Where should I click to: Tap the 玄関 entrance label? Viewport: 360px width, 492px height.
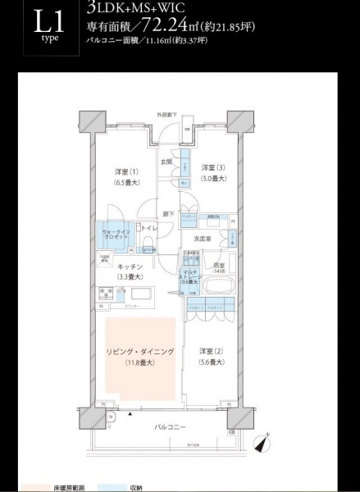click(166, 162)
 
